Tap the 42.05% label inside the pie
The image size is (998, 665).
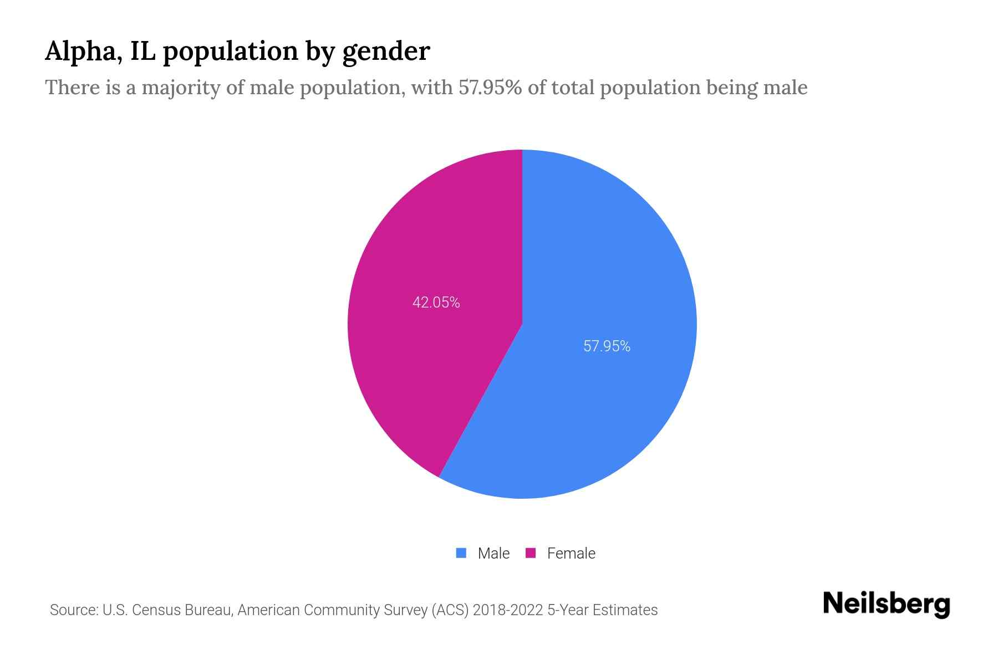coord(436,303)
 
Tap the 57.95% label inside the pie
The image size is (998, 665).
coord(607,346)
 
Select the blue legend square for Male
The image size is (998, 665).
coord(461,553)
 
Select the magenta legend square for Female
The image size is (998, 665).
coord(531,553)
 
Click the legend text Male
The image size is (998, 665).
coord(493,553)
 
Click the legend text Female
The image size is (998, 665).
coord(571,553)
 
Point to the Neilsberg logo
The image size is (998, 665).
coord(886,604)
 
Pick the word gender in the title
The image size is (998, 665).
coord(386,52)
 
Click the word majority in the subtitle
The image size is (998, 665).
coord(182,88)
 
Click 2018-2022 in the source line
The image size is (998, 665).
coord(508,610)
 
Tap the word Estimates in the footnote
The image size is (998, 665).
coord(625,610)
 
